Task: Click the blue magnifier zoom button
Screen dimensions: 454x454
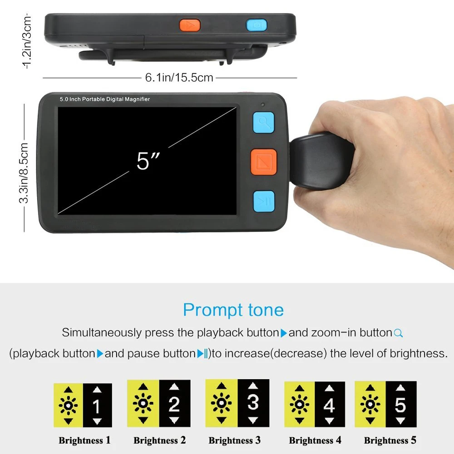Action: [263, 122]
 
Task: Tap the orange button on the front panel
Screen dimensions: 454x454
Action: [263, 162]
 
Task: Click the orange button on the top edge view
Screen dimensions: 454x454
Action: [190, 25]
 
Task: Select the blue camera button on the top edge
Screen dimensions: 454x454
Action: [257, 25]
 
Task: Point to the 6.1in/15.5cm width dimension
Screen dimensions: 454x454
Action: [179, 78]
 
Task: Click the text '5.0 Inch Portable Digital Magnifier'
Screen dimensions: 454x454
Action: [105, 99]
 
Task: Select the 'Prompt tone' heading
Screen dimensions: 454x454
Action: [233, 310]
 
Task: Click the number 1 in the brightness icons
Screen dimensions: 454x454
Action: [97, 406]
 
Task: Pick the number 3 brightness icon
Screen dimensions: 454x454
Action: [253, 402]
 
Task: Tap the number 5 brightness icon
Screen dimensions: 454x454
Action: [400, 405]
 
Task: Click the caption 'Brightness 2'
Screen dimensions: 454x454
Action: [159, 440]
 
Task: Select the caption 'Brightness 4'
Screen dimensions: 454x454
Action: [315, 440]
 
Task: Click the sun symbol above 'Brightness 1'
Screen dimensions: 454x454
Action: [68, 405]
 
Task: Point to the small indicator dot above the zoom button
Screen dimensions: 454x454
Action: [263, 105]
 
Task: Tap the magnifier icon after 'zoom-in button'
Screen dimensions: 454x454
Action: [398, 333]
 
